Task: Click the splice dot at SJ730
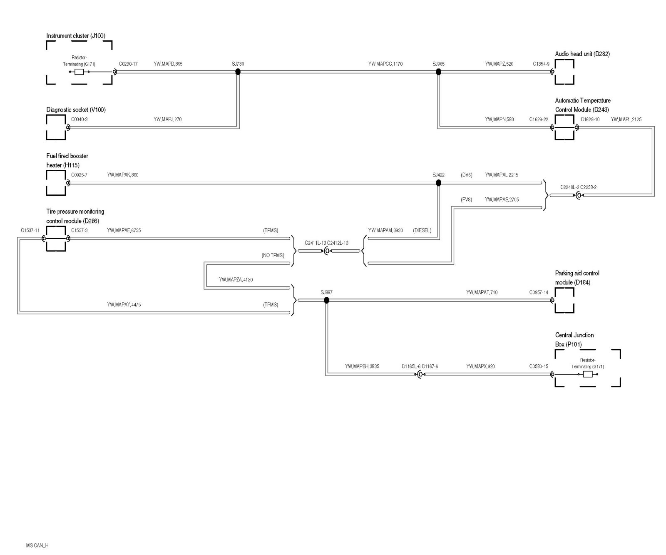pyautogui.click(x=238, y=72)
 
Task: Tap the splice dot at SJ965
pyautogui.click(x=438, y=72)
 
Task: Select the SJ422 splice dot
pyautogui.click(x=438, y=183)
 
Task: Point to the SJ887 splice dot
pyautogui.click(x=327, y=300)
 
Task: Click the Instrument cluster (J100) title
pyautogui.click(x=76, y=36)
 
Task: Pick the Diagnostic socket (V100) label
pyautogui.click(x=76, y=110)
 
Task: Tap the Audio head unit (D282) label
pyautogui.click(x=582, y=54)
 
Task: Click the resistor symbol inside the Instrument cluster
pyautogui.click(x=79, y=72)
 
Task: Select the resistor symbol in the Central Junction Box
pyautogui.click(x=588, y=374)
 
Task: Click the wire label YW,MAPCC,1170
pyautogui.click(x=385, y=64)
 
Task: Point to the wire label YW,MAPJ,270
pyautogui.click(x=167, y=119)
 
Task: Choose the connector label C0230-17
pyautogui.click(x=128, y=64)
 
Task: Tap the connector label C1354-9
pyautogui.click(x=541, y=64)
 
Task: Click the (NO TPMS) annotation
pyautogui.click(x=273, y=255)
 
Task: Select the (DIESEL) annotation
pyautogui.click(x=422, y=230)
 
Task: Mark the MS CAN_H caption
pyautogui.click(x=37, y=545)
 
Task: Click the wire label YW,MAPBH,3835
pyautogui.click(x=362, y=366)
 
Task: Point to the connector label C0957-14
pyautogui.click(x=539, y=292)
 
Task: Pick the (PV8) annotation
pyautogui.click(x=466, y=199)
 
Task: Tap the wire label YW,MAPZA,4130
pyautogui.click(x=236, y=280)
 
